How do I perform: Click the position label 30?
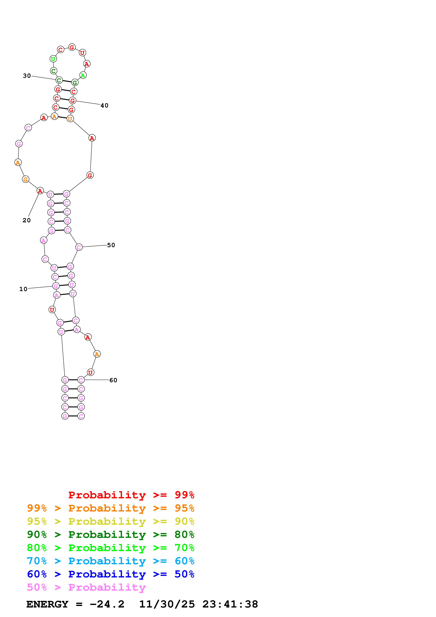(27, 76)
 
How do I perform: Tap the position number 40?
(104, 106)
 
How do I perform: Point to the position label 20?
(27, 220)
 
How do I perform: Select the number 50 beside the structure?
(111, 245)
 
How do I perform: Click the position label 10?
(23, 289)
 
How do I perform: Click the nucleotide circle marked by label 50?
(79, 247)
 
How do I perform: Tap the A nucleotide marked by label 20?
(40, 191)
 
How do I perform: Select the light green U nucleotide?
(53, 59)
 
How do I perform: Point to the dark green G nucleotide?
(75, 83)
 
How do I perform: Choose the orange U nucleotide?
(70, 119)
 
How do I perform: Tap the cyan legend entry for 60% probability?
(110, 561)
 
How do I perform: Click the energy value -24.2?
(107, 604)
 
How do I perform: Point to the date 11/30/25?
(167, 604)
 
